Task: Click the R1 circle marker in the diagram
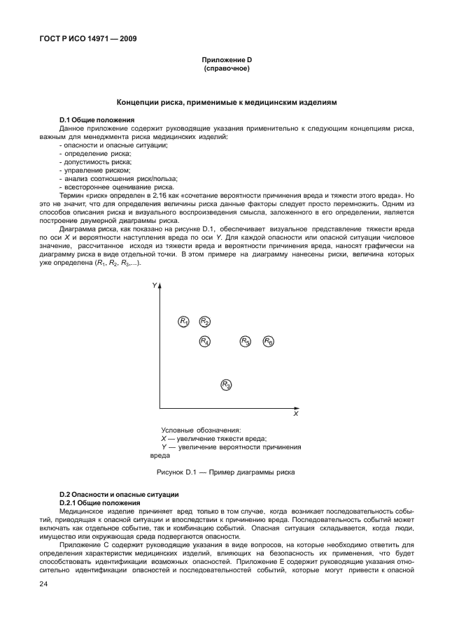184,321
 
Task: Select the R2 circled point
204,321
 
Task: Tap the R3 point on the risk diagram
226,384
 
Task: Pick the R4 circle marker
204,342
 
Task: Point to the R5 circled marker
246,342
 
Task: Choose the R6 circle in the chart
269,342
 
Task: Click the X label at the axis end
295,414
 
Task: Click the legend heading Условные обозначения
201,430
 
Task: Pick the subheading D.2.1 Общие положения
101,502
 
